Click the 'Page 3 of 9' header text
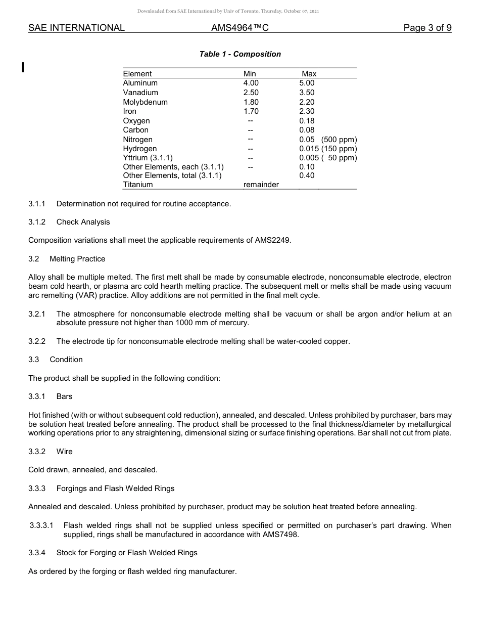point(427,28)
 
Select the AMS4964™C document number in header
point(240,28)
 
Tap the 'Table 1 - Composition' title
point(240,54)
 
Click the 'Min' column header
point(250,74)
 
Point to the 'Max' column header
point(309,74)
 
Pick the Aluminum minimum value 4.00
point(251,83)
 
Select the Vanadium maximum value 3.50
point(307,93)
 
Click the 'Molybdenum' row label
point(145,102)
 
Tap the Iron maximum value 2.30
point(307,111)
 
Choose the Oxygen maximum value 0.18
point(307,121)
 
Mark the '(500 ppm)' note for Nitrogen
point(339,140)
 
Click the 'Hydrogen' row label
point(140,149)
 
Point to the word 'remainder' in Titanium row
point(261,185)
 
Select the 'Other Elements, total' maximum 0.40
point(307,175)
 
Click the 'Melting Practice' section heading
point(77,259)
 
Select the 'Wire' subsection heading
point(64,451)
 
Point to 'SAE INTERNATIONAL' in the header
point(76,28)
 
